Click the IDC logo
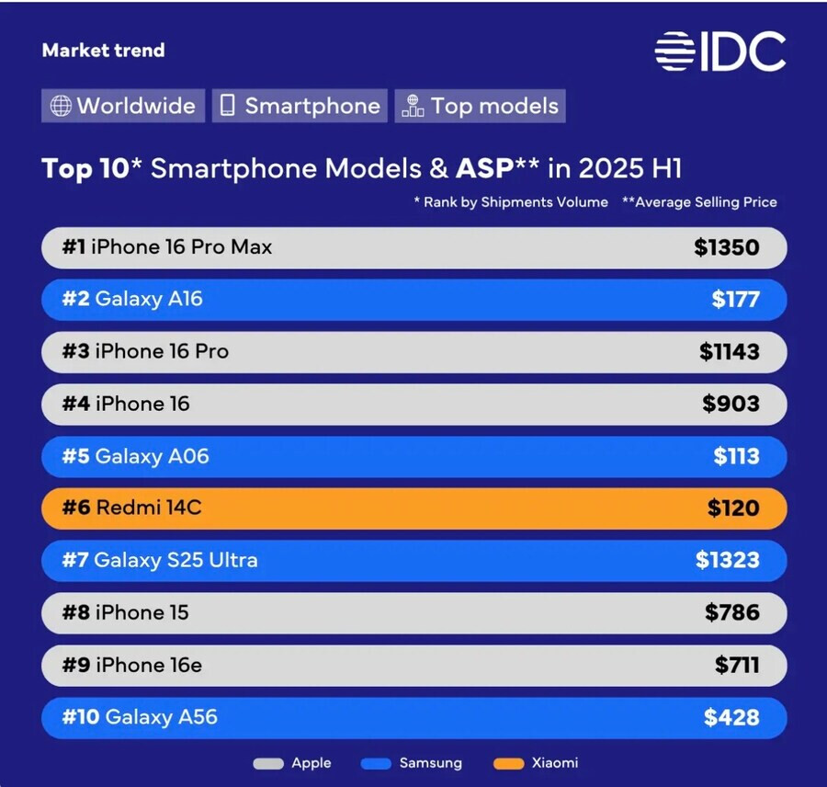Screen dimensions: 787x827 [720, 51]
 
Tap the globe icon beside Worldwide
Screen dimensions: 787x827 [61, 106]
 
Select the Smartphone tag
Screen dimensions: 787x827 [300, 106]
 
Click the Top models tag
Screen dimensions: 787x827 [481, 106]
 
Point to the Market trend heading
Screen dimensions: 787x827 [103, 51]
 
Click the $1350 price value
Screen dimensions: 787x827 [727, 247]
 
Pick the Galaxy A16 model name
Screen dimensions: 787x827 [148, 300]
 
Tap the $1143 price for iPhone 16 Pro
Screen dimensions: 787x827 [729, 352]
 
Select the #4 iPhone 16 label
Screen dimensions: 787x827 [126, 404]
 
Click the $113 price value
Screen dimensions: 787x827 [736, 456]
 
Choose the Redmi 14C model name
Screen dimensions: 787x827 [148, 508]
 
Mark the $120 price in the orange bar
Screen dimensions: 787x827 [733, 508]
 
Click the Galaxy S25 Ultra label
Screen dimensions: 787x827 [176, 560]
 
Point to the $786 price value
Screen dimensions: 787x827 [731, 612]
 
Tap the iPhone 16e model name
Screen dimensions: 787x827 [148, 665]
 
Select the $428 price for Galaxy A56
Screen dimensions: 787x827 [731, 717]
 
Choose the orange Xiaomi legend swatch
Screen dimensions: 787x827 [508, 763]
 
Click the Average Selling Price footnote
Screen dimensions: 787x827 [699, 202]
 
